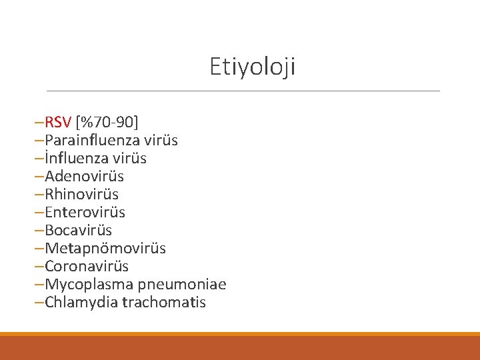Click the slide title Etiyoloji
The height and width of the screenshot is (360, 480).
pos(252,67)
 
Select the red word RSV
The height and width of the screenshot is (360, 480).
pos(59,123)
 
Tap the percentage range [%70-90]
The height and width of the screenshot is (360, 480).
pos(107,123)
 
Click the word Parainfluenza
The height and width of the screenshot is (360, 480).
pos(90,141)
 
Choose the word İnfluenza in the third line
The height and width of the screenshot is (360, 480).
pos(75,159)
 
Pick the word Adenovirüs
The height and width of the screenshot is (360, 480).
pos(84,177)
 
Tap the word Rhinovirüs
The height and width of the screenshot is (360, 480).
pos(81,195)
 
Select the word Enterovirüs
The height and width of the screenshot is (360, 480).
pos(85,213)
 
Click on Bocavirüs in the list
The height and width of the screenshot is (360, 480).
pos(78,231)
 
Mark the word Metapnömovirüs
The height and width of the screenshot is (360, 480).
pos(105,249)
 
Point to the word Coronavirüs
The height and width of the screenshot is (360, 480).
pos(87,267)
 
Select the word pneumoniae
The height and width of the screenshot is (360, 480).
pos(181,285)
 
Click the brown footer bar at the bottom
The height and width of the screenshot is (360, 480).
pos(240,348)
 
